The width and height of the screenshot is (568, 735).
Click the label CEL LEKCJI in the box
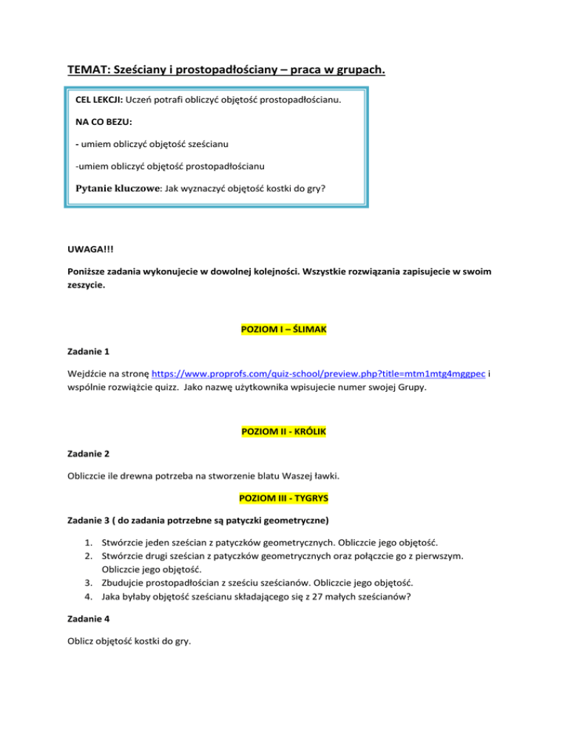(99, 99)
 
